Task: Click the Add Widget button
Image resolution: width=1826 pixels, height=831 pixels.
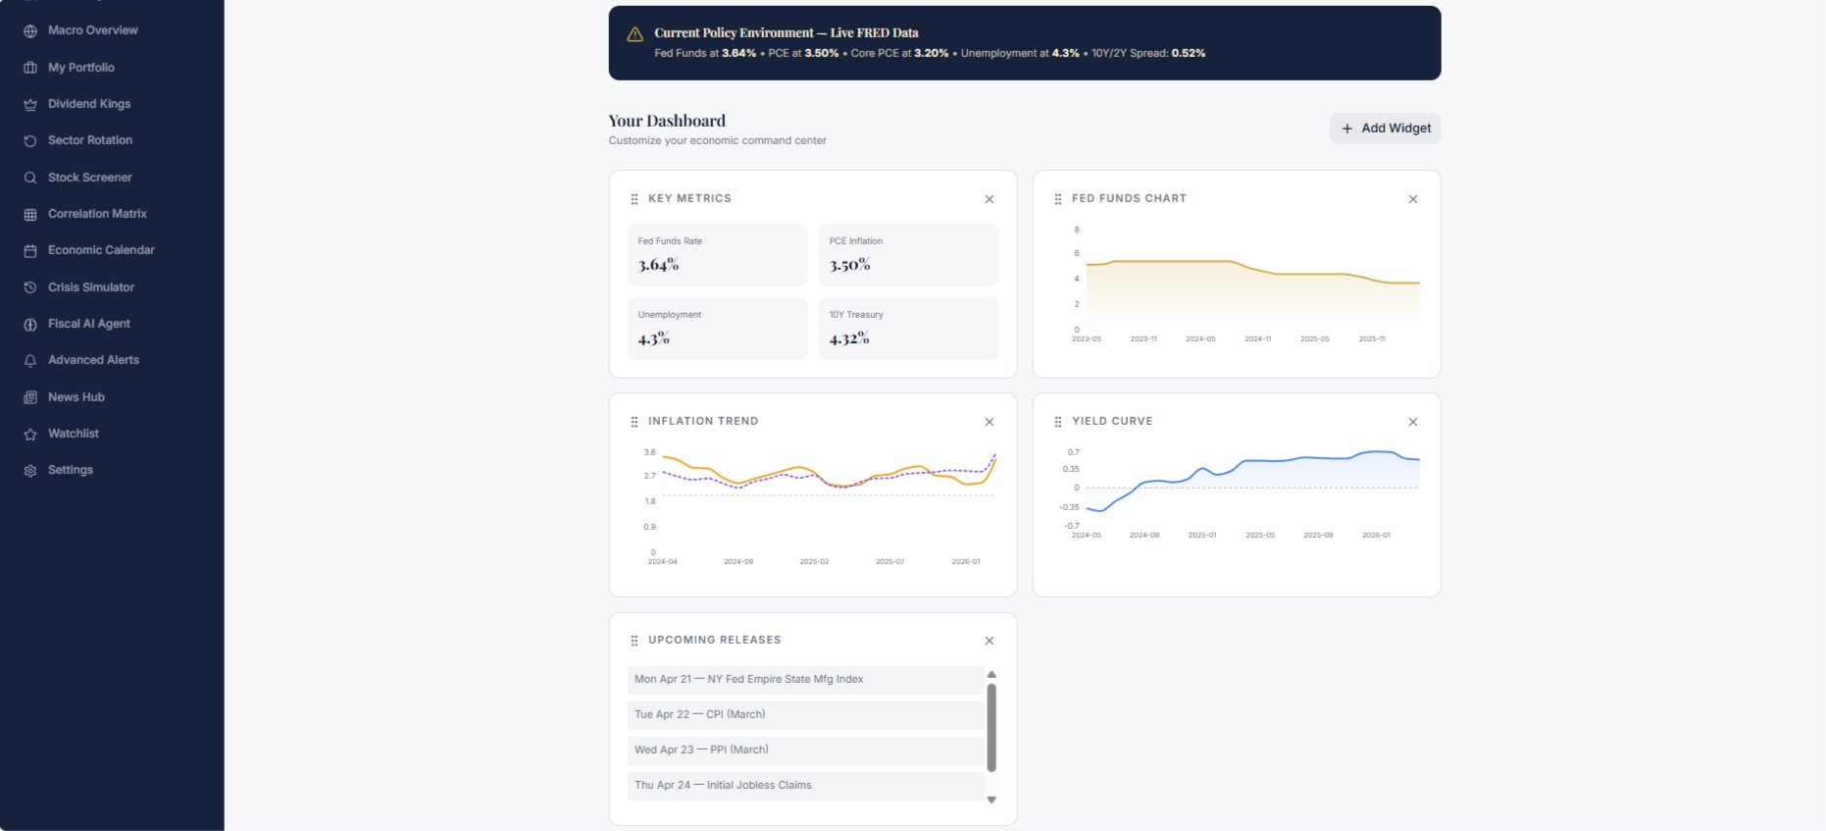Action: pos(1385,129)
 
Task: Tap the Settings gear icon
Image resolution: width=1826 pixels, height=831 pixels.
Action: pos(30,471)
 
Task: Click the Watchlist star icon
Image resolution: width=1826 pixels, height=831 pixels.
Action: pos(30,434)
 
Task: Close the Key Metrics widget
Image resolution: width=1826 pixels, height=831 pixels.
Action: pos(989,199)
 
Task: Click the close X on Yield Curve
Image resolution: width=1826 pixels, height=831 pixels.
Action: pos(1413,422)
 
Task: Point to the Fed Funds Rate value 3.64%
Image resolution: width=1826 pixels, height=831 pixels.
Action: pos(658,265)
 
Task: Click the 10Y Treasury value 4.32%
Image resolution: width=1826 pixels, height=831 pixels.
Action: pos(849,338)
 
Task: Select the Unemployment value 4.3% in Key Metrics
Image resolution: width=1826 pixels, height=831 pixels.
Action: pos(653,338)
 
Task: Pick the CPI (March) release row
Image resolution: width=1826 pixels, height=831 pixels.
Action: pos(805,715)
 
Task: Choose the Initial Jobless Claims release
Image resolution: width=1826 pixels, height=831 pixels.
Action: pos(805,786)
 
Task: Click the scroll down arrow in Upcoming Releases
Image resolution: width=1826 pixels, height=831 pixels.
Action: pos(991,800)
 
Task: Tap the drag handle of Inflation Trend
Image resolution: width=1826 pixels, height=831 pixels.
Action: pos(634,422)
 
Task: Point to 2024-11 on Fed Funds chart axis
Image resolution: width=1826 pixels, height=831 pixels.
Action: pos(1257,339)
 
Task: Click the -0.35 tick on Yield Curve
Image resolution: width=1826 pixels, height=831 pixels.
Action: pos(1069,507)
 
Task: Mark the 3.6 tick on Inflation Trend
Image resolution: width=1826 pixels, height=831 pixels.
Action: pos(649,452)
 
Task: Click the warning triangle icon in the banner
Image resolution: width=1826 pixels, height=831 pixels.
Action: pos(635,34)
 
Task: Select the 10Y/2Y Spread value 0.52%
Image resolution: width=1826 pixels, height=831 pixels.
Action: pos(1189,53)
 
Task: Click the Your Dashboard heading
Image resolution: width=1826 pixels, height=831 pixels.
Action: pos(667,121)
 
